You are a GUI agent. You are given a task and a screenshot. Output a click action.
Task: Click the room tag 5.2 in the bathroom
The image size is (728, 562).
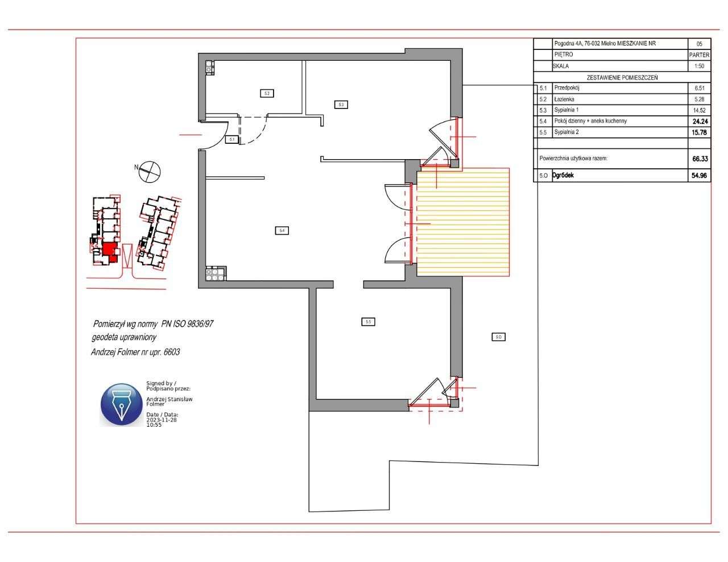pyautogui.click(x=267, y=93)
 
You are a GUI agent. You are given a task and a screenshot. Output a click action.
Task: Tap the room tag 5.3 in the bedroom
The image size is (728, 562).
pyautogui.click(x=340, y=105)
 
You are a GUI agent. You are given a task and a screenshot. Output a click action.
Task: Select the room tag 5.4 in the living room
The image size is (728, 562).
pyautogui.click(x=282, y=230)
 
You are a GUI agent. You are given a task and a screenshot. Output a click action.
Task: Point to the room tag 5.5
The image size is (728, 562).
pyautogui.click(x=369, y=322)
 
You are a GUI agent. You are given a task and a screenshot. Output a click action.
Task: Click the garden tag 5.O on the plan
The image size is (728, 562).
pyautogui.click(x=498, y=337)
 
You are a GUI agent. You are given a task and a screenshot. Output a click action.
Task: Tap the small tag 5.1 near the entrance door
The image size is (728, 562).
pyautogui.click(x=231, y=139)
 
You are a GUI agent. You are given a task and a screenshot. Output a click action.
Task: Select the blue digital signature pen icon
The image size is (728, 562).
pyautogui.click(x=122, y=405)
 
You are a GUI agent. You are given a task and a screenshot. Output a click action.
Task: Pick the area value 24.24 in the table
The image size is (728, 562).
pyautogui.click(x=699, y=121)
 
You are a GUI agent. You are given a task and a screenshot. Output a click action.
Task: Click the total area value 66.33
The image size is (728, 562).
pyautogui.click(x=699, y=160)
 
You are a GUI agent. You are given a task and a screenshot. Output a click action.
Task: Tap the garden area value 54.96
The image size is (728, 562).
pyautogui.click(x=699, y=176)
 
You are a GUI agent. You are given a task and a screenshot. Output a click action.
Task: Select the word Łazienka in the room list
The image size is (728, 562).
pyautogui.click(x=564, y=99)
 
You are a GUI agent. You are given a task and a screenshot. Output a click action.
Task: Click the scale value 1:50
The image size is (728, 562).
pyautogui.click(x=699, y=66)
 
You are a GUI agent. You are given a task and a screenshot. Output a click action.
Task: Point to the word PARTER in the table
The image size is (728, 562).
pyautogui.click(x=699, y=55)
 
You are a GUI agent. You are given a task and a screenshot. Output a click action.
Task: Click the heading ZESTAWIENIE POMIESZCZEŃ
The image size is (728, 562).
pyautogui.click(x=622, y=78)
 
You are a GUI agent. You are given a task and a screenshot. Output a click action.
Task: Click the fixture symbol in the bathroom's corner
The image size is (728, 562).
pyautogui.click(x=209, y=67)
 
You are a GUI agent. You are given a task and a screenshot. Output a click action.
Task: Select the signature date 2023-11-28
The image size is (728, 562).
pyautogui.click(x=162, y=419)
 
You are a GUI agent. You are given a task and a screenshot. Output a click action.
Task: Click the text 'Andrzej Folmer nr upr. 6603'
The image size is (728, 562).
pyautogui.click(x=135, y=352)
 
